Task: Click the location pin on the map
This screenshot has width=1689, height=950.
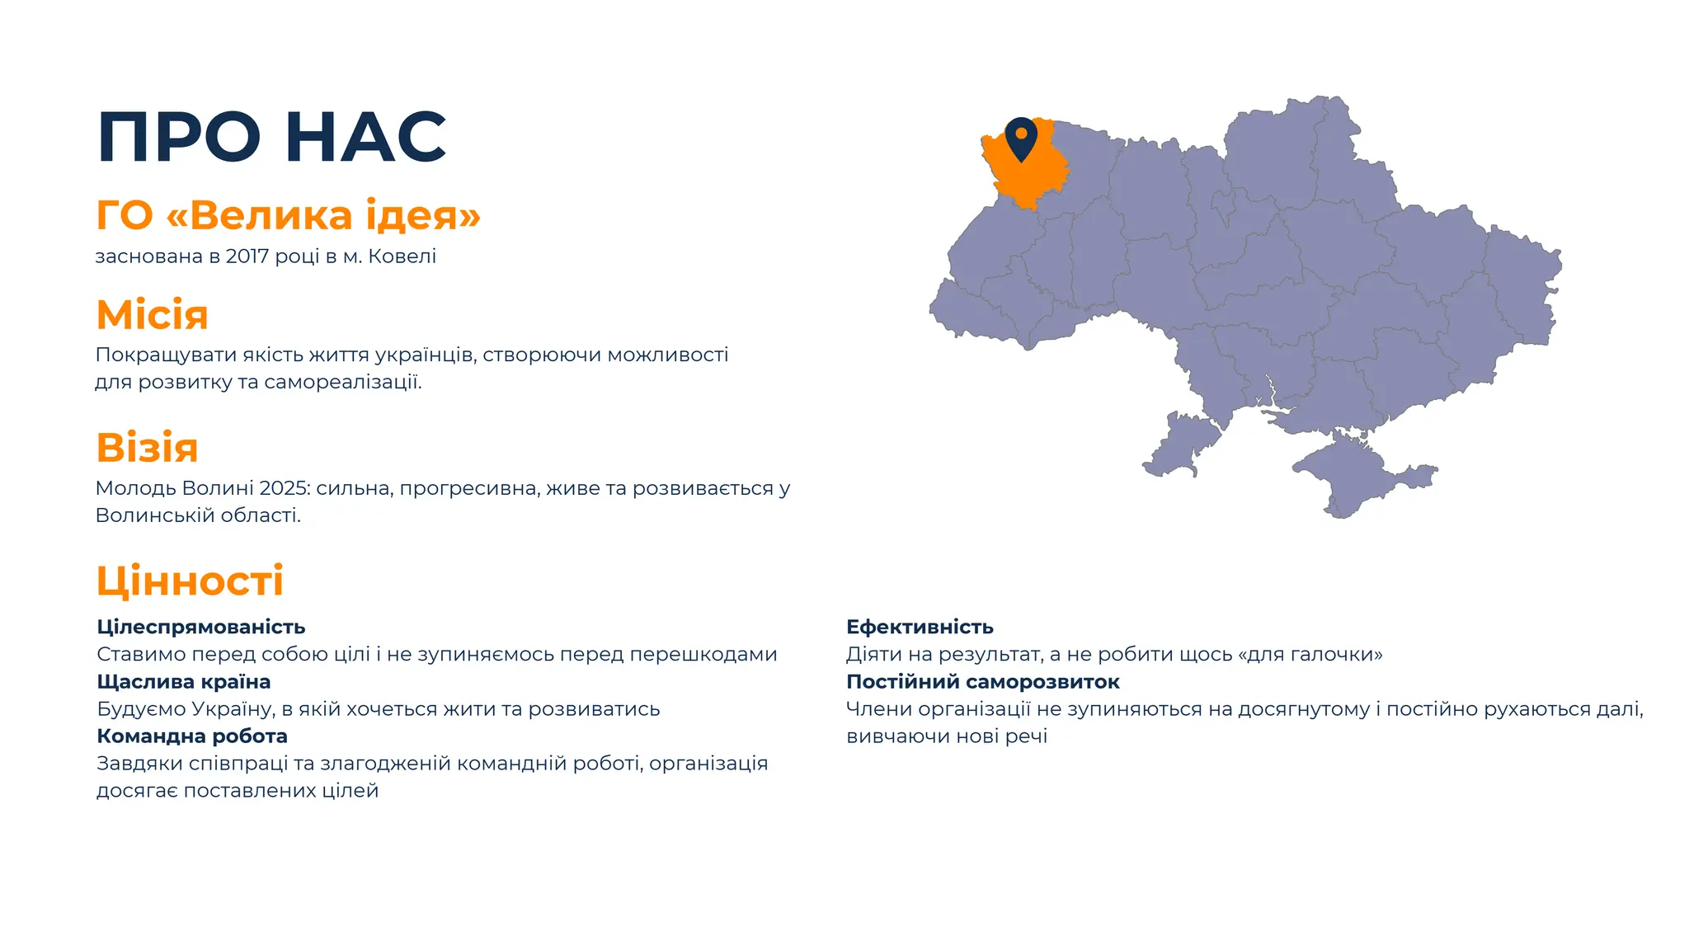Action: tap(1021, 137)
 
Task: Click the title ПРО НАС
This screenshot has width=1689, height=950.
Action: tap(272, 137)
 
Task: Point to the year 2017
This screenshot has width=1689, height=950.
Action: tap(247, 256)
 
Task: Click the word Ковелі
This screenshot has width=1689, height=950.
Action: tap(402, 256)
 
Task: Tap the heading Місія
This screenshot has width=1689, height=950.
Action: tap(153, 314)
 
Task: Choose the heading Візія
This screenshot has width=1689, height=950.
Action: tap(148, 448)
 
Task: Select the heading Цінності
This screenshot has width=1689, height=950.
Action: tap(191, 581)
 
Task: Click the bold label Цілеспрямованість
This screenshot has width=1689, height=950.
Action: tap(201, 627)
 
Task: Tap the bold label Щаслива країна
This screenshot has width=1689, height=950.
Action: tap(184, 682)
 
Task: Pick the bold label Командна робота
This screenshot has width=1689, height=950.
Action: tap(192, 736)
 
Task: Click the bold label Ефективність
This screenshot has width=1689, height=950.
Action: tap(920, 627)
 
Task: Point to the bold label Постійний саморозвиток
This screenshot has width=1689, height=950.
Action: tap(983, 682)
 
